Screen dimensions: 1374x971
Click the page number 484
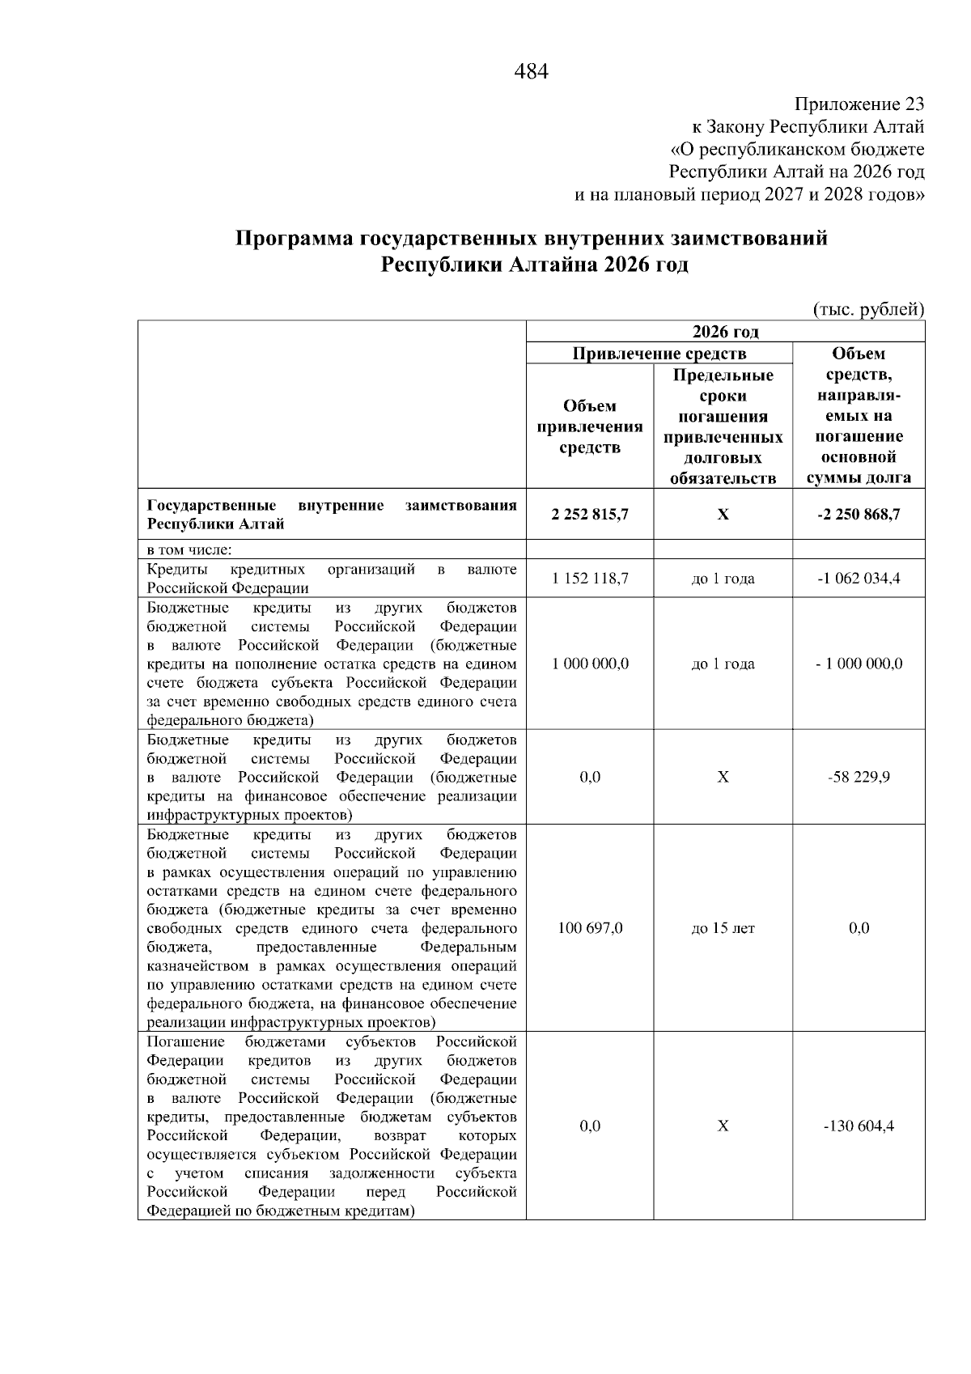[531, 72]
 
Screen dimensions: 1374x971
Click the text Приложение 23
[859, 104]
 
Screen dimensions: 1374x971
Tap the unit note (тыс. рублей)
[867, 308]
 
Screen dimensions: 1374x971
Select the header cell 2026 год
[725, 332]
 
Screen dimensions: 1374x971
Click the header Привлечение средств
[659, 354]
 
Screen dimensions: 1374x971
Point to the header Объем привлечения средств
[590, 426]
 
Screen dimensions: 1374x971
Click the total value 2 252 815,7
[590, 515]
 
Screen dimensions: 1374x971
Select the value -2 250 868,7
[859, 515]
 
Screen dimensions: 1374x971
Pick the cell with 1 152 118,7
[590, 579]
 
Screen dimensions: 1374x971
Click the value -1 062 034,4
[859, 579]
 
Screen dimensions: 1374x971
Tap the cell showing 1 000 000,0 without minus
[590, 664]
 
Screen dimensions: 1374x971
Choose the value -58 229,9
[859, 777]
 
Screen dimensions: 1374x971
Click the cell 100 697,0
[590, 928]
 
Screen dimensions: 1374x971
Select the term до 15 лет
[723, 928]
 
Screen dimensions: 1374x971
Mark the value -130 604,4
[859, 1126]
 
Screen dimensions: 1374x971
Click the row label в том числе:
[189, 550]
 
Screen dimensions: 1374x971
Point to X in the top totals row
[723, 515]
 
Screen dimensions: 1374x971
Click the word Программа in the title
[294, 240]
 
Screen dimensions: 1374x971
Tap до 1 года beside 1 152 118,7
[723, 579]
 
